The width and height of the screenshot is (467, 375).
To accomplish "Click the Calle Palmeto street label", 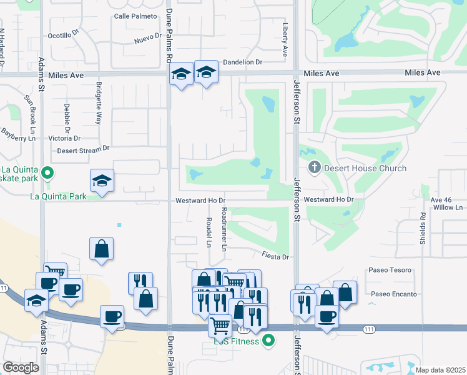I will click(x=135, y=16).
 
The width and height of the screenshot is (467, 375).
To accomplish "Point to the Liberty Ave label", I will click(x=285, y=39).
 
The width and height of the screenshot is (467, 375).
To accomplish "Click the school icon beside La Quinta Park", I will click(x=102, y=181).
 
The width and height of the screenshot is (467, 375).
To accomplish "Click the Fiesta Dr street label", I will click(x=275, y=256).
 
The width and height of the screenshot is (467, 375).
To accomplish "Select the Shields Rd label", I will click(x=423, y=228).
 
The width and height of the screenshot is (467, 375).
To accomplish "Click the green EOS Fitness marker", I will click(x=268, y=341).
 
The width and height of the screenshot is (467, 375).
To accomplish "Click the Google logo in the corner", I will click(x=21, y=367).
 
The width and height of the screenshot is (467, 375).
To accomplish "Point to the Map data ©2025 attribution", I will click(x=440, y=370).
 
